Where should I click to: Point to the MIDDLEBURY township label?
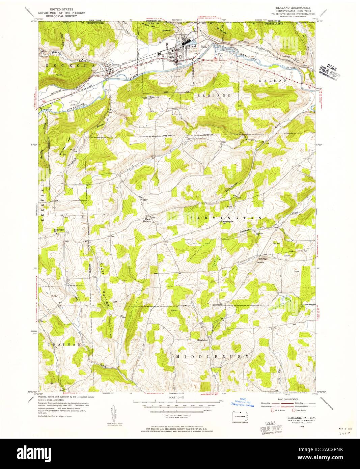[213, 356]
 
